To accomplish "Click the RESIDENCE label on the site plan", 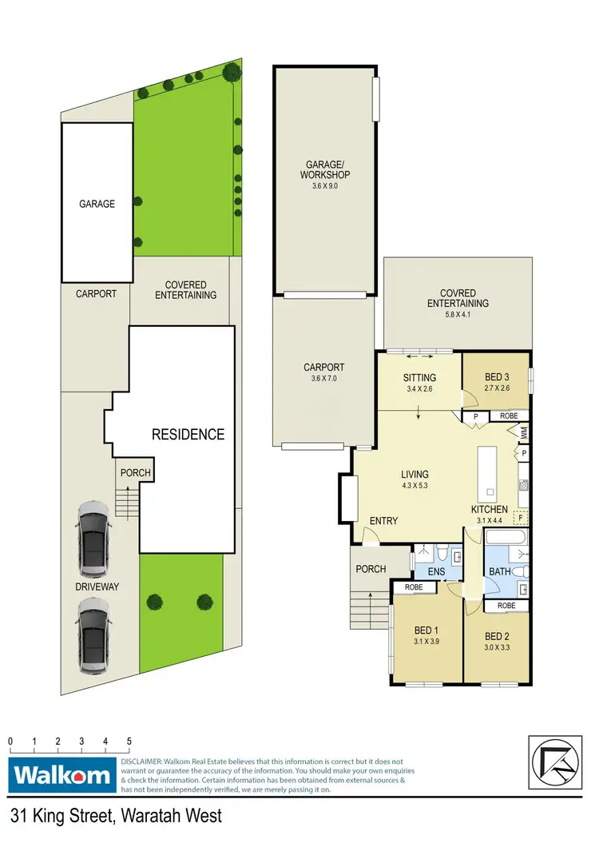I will [x=188, y=435].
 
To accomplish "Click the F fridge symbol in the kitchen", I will [x=521, y=518].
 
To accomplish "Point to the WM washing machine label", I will [x=525, y=431].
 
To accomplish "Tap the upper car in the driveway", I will [x=94, y=540].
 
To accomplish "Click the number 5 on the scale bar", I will [x=129, y=742].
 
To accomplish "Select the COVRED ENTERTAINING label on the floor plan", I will [x=458, y=298].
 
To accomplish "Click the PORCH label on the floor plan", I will [x=371, y=569].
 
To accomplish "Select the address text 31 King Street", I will [x=72, y=817].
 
